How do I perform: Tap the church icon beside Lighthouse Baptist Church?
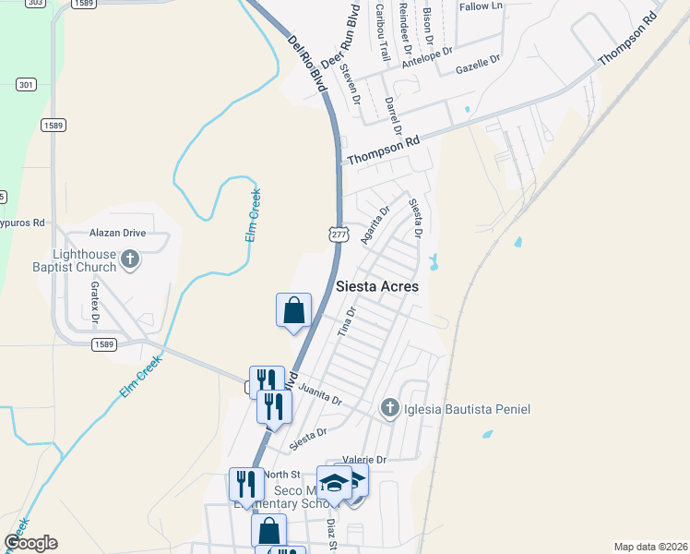[130, 259]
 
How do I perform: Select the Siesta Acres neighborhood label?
[376, 286]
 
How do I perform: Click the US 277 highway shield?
[339, 235]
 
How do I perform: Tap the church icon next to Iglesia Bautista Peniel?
[390, 407]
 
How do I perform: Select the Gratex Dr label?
[95, 302]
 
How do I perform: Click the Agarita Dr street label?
[375, 223]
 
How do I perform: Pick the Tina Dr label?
[347, 320]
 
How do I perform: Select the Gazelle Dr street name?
[478, 64]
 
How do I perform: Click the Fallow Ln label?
[481, 6]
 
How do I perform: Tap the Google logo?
[31, 543]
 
